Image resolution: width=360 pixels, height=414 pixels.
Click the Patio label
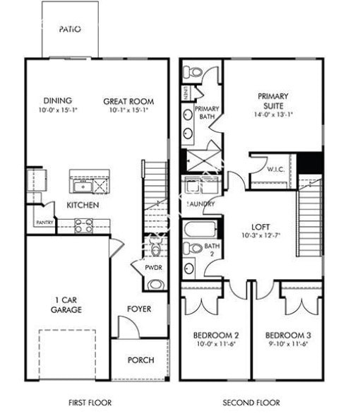click(x=69, y=30)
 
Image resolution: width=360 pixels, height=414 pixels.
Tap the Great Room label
click(x=128, y=101)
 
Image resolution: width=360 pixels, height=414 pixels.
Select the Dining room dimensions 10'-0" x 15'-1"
click(x=58, y=110)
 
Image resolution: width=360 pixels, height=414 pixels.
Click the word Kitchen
click(x=83, y=205)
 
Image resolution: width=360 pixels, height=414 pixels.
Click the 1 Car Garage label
click(x=66, y=304)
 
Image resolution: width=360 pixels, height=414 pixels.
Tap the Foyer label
click(x=139, y=309)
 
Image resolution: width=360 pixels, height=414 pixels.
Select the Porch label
click(x=140, y=360)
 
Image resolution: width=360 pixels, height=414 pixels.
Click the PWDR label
click(x=154, y=268)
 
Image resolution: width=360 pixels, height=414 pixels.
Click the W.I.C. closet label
click(x=275, y=169)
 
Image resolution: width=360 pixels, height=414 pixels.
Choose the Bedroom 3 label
click(x=287, y=335)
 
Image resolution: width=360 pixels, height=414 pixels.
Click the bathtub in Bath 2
click(x=200, y=230)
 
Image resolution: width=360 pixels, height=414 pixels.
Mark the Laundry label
click(x=201, y=204)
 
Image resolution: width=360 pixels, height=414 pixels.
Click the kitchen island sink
click(x=81, y=186)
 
